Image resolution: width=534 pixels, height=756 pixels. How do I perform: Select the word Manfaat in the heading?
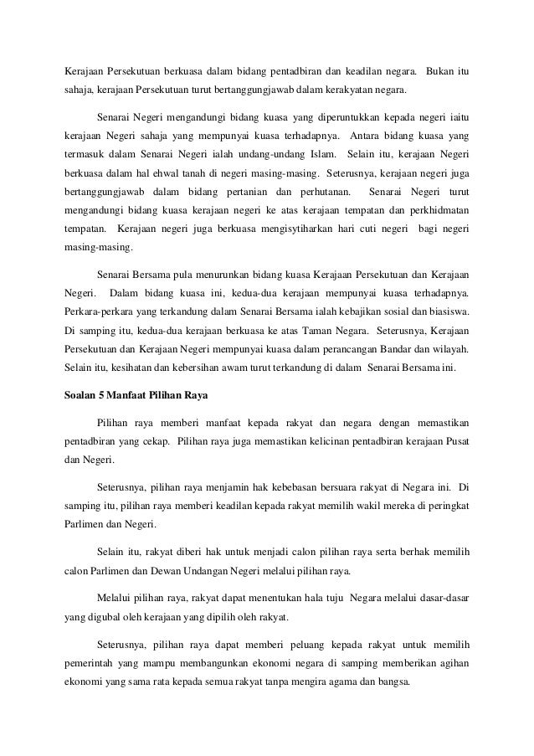tap(129, 392)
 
